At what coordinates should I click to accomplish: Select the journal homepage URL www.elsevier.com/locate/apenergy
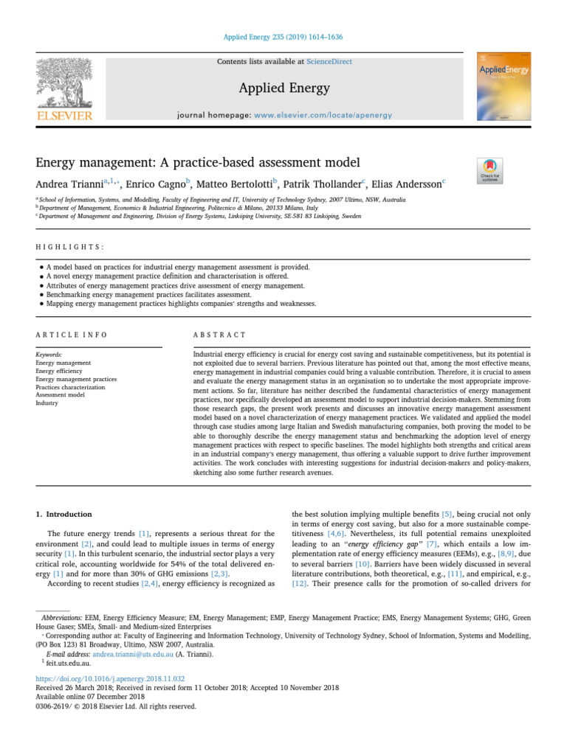(x=323, y=116)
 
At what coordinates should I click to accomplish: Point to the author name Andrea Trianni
(x=70, y=182)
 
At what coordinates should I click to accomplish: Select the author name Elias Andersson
(x=413, y=182)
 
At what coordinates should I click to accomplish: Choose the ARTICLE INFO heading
(x=71, y=334)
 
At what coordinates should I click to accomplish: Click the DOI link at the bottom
(x=111, y=677)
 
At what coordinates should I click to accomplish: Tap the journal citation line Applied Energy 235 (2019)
(x=283, y=37)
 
